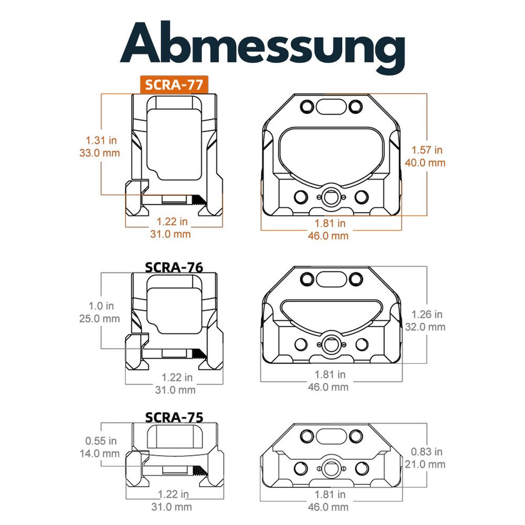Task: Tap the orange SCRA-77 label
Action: (x=174, y=84)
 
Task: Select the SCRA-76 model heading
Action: (x=173, y=267)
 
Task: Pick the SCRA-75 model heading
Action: (x=173, y=417)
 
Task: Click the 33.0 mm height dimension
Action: (x=100, y=153)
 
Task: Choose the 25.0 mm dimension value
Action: (x=100, y=318)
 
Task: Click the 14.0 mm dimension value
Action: (x=100, y=454)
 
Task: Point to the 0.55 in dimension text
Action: (x=100, y=441)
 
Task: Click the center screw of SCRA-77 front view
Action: (x=331, y=197)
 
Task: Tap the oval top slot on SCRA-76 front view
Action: (x=331, y=279)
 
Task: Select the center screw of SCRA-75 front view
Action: (x=331, y=468)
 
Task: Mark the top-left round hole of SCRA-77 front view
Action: (x=305, y=107)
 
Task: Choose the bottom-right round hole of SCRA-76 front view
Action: (x=361, y=344)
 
